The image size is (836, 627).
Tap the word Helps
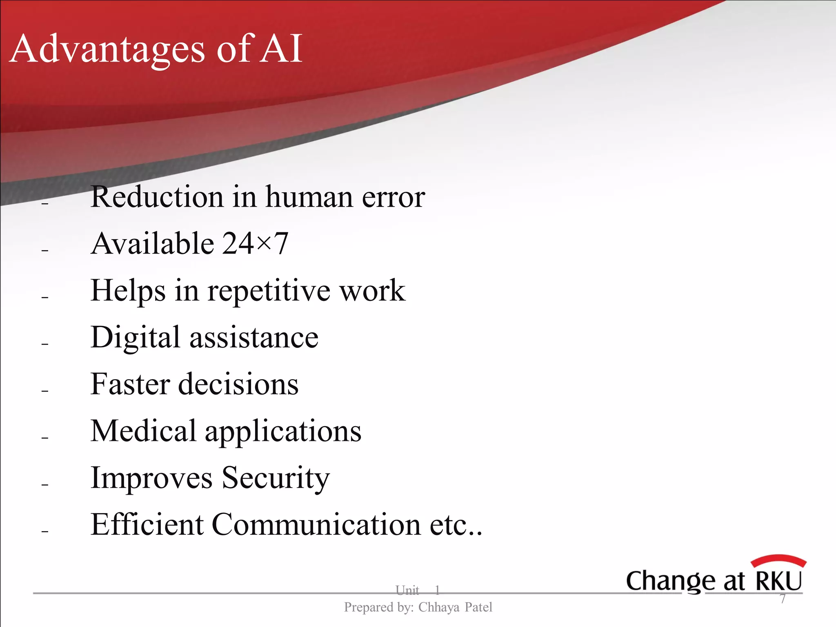pos(128,291)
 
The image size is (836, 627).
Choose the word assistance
pos(254,338)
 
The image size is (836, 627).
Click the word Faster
pos(130,385)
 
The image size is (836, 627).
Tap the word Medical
pos(143,431)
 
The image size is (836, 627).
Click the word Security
pos(276,478)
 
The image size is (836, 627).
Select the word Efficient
pos(147,525)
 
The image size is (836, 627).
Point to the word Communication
pos(316,525)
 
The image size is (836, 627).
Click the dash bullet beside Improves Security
pos(45,485)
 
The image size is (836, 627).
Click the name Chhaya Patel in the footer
pos(455,607)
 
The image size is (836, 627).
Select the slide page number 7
pos(783,599)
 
